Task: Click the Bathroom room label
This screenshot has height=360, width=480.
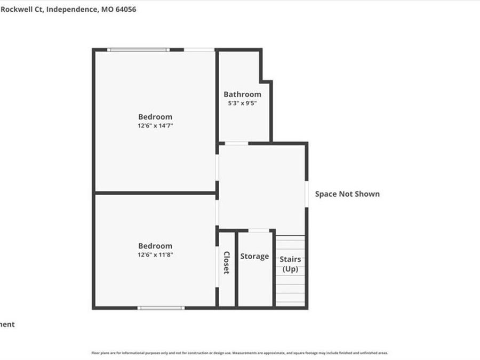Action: [242, 94]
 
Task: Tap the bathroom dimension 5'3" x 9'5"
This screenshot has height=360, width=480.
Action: [242, 103]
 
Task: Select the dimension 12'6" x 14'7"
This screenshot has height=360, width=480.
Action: [155, 126]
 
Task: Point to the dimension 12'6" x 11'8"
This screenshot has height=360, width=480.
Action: [155, 255]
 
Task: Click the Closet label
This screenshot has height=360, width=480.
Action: [227, 262]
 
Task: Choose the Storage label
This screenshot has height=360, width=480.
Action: [254, 257]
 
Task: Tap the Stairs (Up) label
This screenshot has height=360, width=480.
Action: [291, 265]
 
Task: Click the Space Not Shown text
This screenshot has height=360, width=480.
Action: [347, 194]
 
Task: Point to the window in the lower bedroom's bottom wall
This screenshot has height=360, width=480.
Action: [161, 308]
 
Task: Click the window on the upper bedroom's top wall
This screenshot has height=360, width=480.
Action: [139, 50]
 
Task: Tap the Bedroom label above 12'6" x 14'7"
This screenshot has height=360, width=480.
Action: [155, 117]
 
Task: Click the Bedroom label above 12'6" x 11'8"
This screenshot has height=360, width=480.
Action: [155, 246]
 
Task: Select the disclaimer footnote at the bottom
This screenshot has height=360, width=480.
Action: [239, 353]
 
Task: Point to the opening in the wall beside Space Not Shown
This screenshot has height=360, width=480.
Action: [307, 194]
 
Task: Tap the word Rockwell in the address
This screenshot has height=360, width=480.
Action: [18, 9]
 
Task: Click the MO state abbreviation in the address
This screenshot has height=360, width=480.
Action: [106, 9]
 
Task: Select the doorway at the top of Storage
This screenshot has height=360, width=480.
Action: [259, 230]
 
